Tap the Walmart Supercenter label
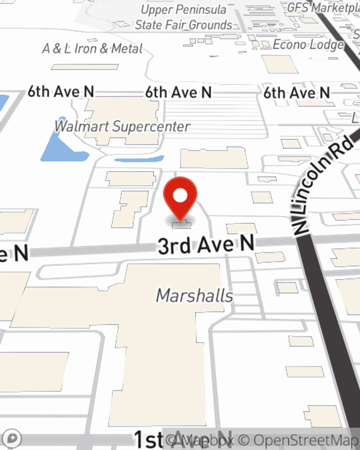122,126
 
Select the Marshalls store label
194,296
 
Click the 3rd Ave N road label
206,245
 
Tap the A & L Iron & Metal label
92,48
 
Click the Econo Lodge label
308,45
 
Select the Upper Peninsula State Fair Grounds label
184,17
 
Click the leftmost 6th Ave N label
61,92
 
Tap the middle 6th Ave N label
178,93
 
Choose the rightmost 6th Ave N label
297,93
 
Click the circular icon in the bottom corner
12,438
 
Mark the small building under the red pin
181,225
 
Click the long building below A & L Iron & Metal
85,67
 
